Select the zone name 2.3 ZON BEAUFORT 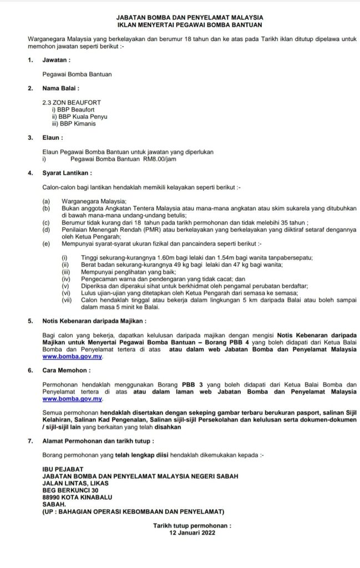(72, 103)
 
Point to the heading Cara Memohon (66, 369)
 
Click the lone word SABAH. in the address (54, 504)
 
